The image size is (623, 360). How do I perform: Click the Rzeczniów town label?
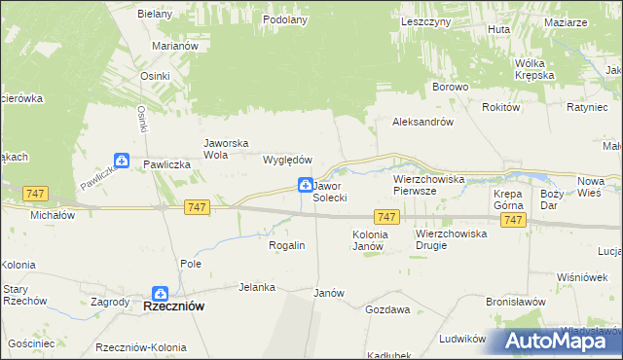point(173,306)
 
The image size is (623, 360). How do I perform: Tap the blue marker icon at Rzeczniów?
point(161,293)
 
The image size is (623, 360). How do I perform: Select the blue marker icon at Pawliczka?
point(121,161)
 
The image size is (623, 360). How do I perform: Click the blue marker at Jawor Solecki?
point(306,185)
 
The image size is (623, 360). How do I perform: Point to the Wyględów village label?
point(287,160)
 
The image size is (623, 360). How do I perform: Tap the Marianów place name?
point(175,46)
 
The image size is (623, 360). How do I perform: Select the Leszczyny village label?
point(424,20)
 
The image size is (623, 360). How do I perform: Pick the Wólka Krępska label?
point(534,68)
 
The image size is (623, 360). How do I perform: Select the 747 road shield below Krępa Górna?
point(514,221)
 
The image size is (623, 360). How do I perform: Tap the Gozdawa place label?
point(385,308)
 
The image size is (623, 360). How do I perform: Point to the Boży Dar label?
point(551,199)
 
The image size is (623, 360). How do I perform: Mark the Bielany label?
point(154,15)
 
